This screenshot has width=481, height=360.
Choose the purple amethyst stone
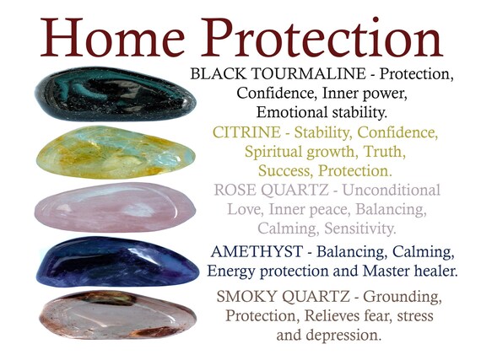pos(115,261)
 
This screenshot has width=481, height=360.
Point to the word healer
pos(434,271)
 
